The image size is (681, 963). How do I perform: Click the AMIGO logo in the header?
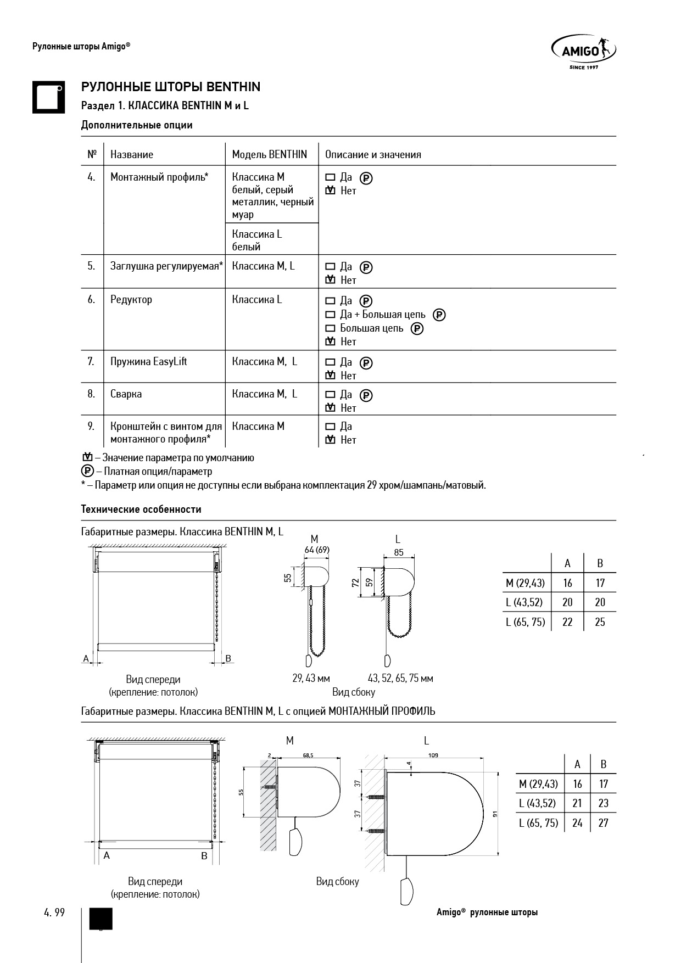(x=583, y=52)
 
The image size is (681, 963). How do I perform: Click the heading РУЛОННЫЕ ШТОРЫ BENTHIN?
(x=171, y=87)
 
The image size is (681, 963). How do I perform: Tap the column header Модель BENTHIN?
(x=269, y=154)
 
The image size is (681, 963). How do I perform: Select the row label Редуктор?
(x=131, y=299)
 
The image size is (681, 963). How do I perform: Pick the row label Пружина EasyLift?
(x=149, y=361)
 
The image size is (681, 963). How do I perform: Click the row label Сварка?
(x=126, y=394)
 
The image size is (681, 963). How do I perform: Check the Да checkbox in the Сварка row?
(x=330, y=395)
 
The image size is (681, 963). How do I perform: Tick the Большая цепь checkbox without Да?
(x=330, y=328)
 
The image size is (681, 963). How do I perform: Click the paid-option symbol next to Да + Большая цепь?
(x=439, y=315)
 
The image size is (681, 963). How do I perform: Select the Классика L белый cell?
(x=257, y=240)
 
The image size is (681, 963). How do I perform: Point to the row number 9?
(x=91, y=426)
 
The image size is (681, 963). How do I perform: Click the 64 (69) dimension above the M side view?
(x=317, y=550)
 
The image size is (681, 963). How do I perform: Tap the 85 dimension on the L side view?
(x=398, y=552)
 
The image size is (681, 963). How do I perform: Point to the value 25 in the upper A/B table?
(x=600, y=622)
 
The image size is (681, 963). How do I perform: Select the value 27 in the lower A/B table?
(x=603, y=822)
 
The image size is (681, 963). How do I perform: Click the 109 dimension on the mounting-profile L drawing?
(x=433, y=755)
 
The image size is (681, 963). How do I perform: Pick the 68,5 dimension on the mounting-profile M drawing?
(x=308, y=755)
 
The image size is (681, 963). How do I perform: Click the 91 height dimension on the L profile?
(x=495, y=815)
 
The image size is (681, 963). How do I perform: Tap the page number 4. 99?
(x=54, y=912)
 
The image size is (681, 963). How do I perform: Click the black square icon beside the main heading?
(x=48, y=97)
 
